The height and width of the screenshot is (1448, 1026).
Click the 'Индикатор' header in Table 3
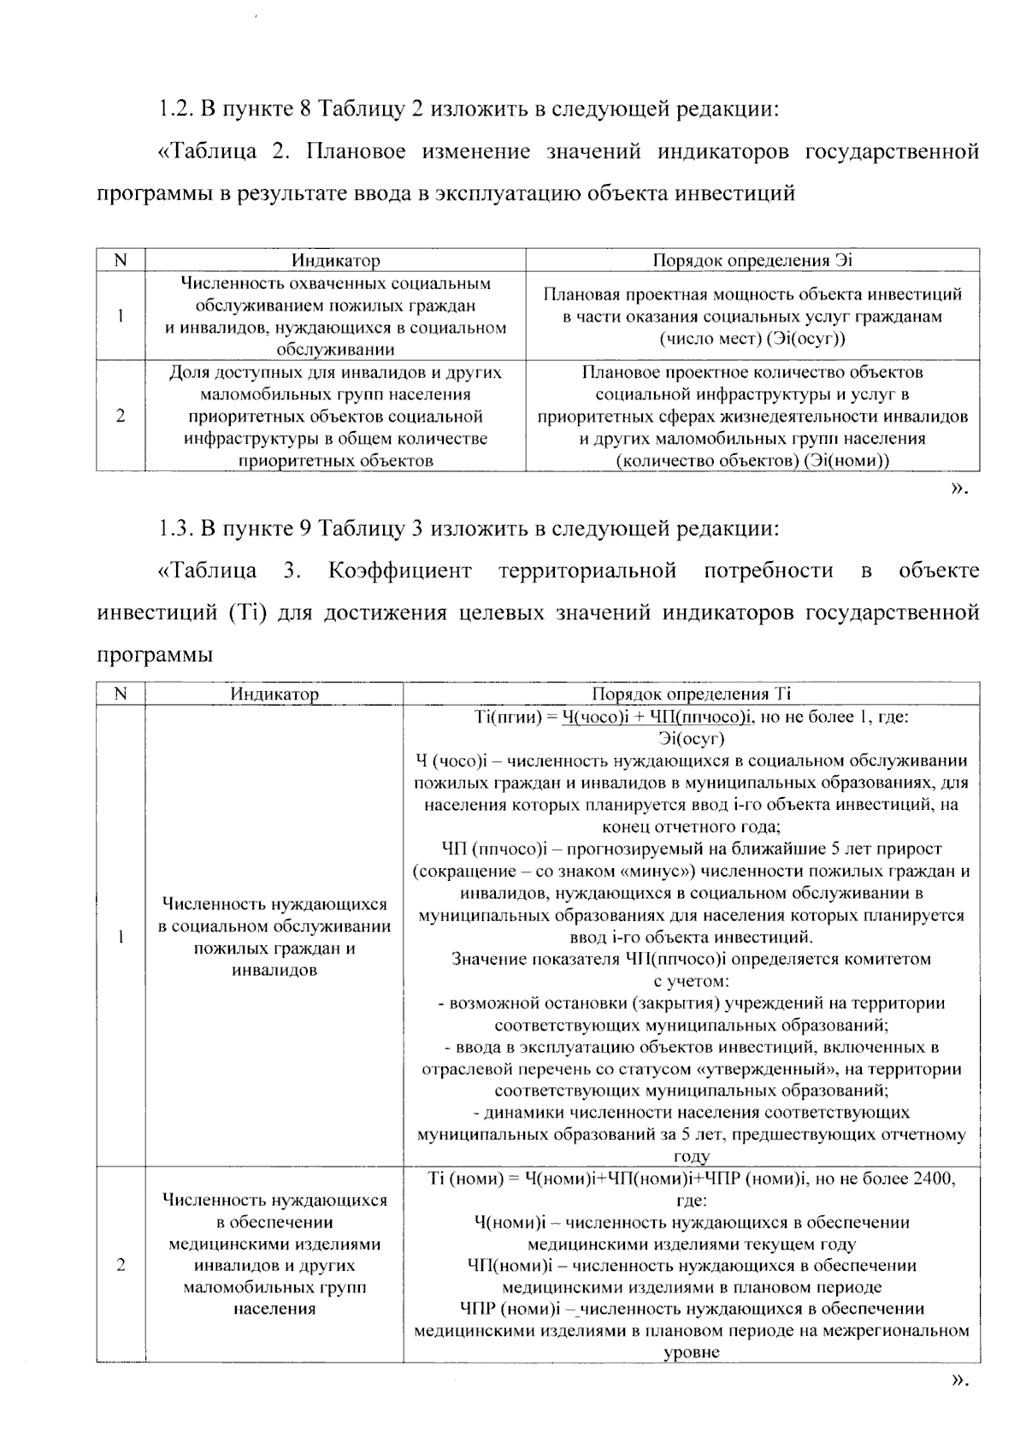tap(274, 694)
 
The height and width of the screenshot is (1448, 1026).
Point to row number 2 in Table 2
tap(121, 417)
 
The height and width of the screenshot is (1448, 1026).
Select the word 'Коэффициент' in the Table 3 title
tap(398, 571)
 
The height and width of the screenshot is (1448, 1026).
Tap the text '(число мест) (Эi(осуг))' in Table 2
tap(752, 339)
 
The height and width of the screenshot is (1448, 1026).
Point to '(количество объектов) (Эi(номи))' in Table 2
tap(752, 461)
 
